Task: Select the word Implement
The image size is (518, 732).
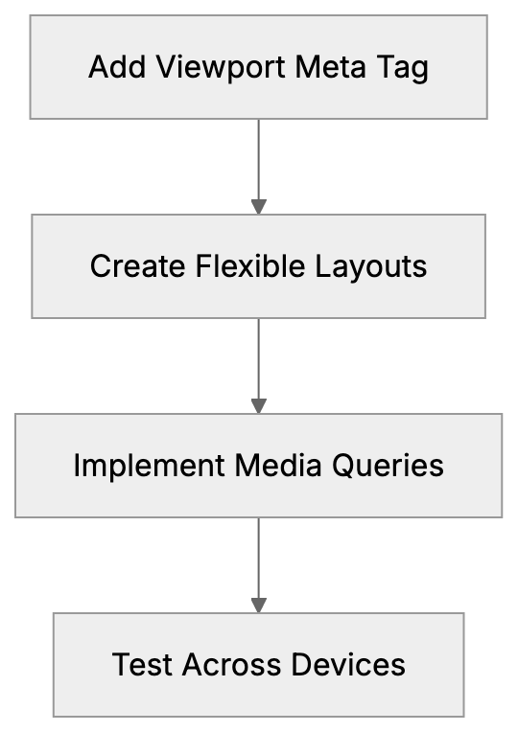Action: click(x=149, y=466)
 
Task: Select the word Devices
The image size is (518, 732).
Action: click(x=346, y=665)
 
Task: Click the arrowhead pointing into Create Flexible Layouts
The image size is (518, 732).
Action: click(x=258, y=207)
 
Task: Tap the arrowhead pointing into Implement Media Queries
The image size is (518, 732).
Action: click(x=258, y=406)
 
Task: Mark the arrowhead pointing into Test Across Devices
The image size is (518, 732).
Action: click(x=258, y=606)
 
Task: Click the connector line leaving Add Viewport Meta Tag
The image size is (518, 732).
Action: click(x=258, y=158)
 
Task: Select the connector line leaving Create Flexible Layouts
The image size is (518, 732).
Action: click(x=258, y=356)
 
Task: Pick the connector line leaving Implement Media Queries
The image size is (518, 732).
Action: click(x=258, y=556)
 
